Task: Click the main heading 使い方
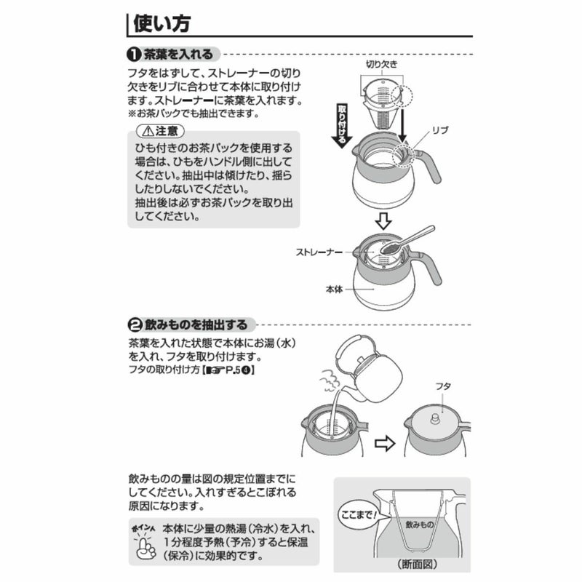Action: (162, 23)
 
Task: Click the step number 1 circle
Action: (134, 55)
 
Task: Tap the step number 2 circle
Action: (135, 325)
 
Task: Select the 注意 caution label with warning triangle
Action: (160, 131)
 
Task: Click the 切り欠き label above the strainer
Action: (381, 65)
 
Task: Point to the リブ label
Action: (440, 130)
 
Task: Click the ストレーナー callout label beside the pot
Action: (319, 252)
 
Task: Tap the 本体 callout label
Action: (334, 289)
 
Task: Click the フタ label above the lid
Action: (443, 386)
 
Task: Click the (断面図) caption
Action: (417, 565)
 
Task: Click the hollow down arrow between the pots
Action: (383, 221)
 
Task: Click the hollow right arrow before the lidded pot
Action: (385, 443)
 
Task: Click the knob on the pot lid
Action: (434, 419)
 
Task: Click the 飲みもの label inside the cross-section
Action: (420, 525)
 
